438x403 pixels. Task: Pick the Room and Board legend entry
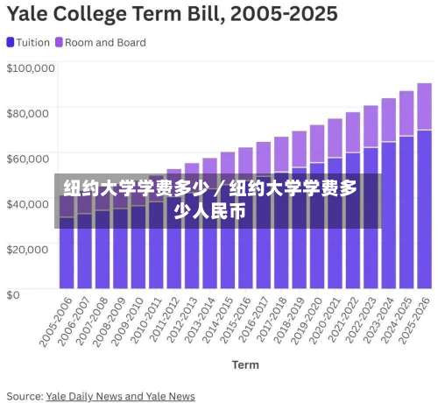(x=100, y=42)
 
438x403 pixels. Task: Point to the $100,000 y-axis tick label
(x=31, y=67)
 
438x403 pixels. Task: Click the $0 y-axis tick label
(x=14, y=294)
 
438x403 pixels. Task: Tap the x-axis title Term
(x=245, y=364)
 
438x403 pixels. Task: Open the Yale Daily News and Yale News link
(x=120, y=396)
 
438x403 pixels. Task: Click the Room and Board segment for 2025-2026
(x=424, y=106)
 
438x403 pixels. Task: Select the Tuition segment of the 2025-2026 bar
(x=424, y=210)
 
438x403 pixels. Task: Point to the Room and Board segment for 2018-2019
(x=299, y=148)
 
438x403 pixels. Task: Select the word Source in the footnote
(x=24, y=396)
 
